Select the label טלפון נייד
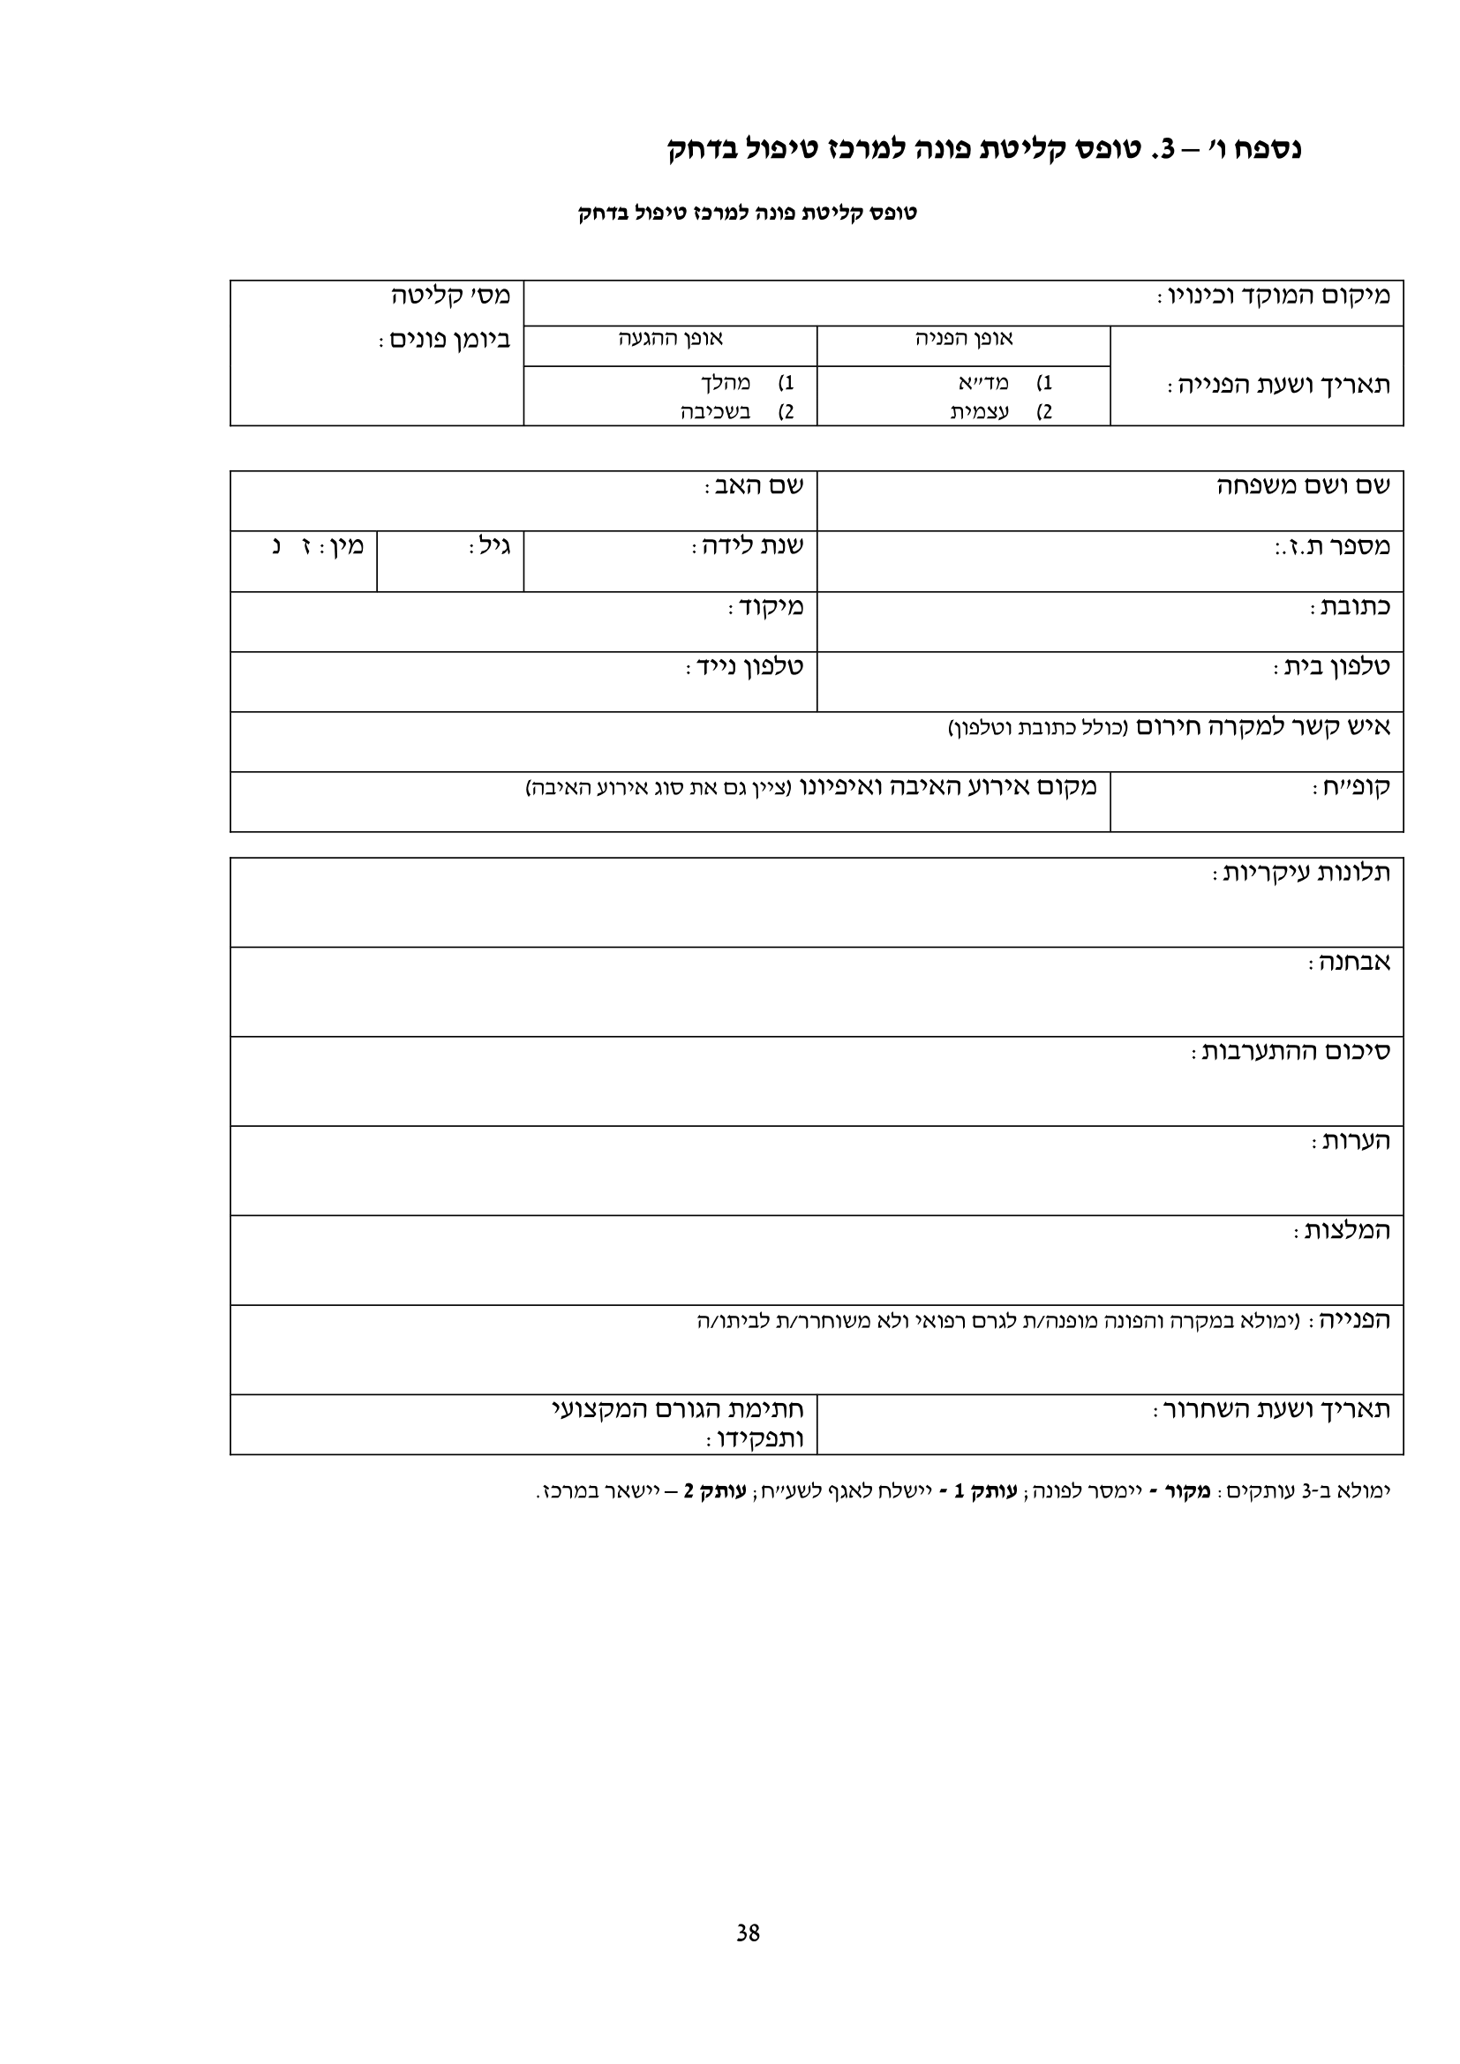pyautogui.click(x=745, y=667)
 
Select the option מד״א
pyautogui.click(x=983, y=383)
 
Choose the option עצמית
pyautogui.click(x=980, y=413)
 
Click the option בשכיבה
pyautogui.click(x=715, y=413)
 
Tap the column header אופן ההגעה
pyautogui.click(x=671, y=339)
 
